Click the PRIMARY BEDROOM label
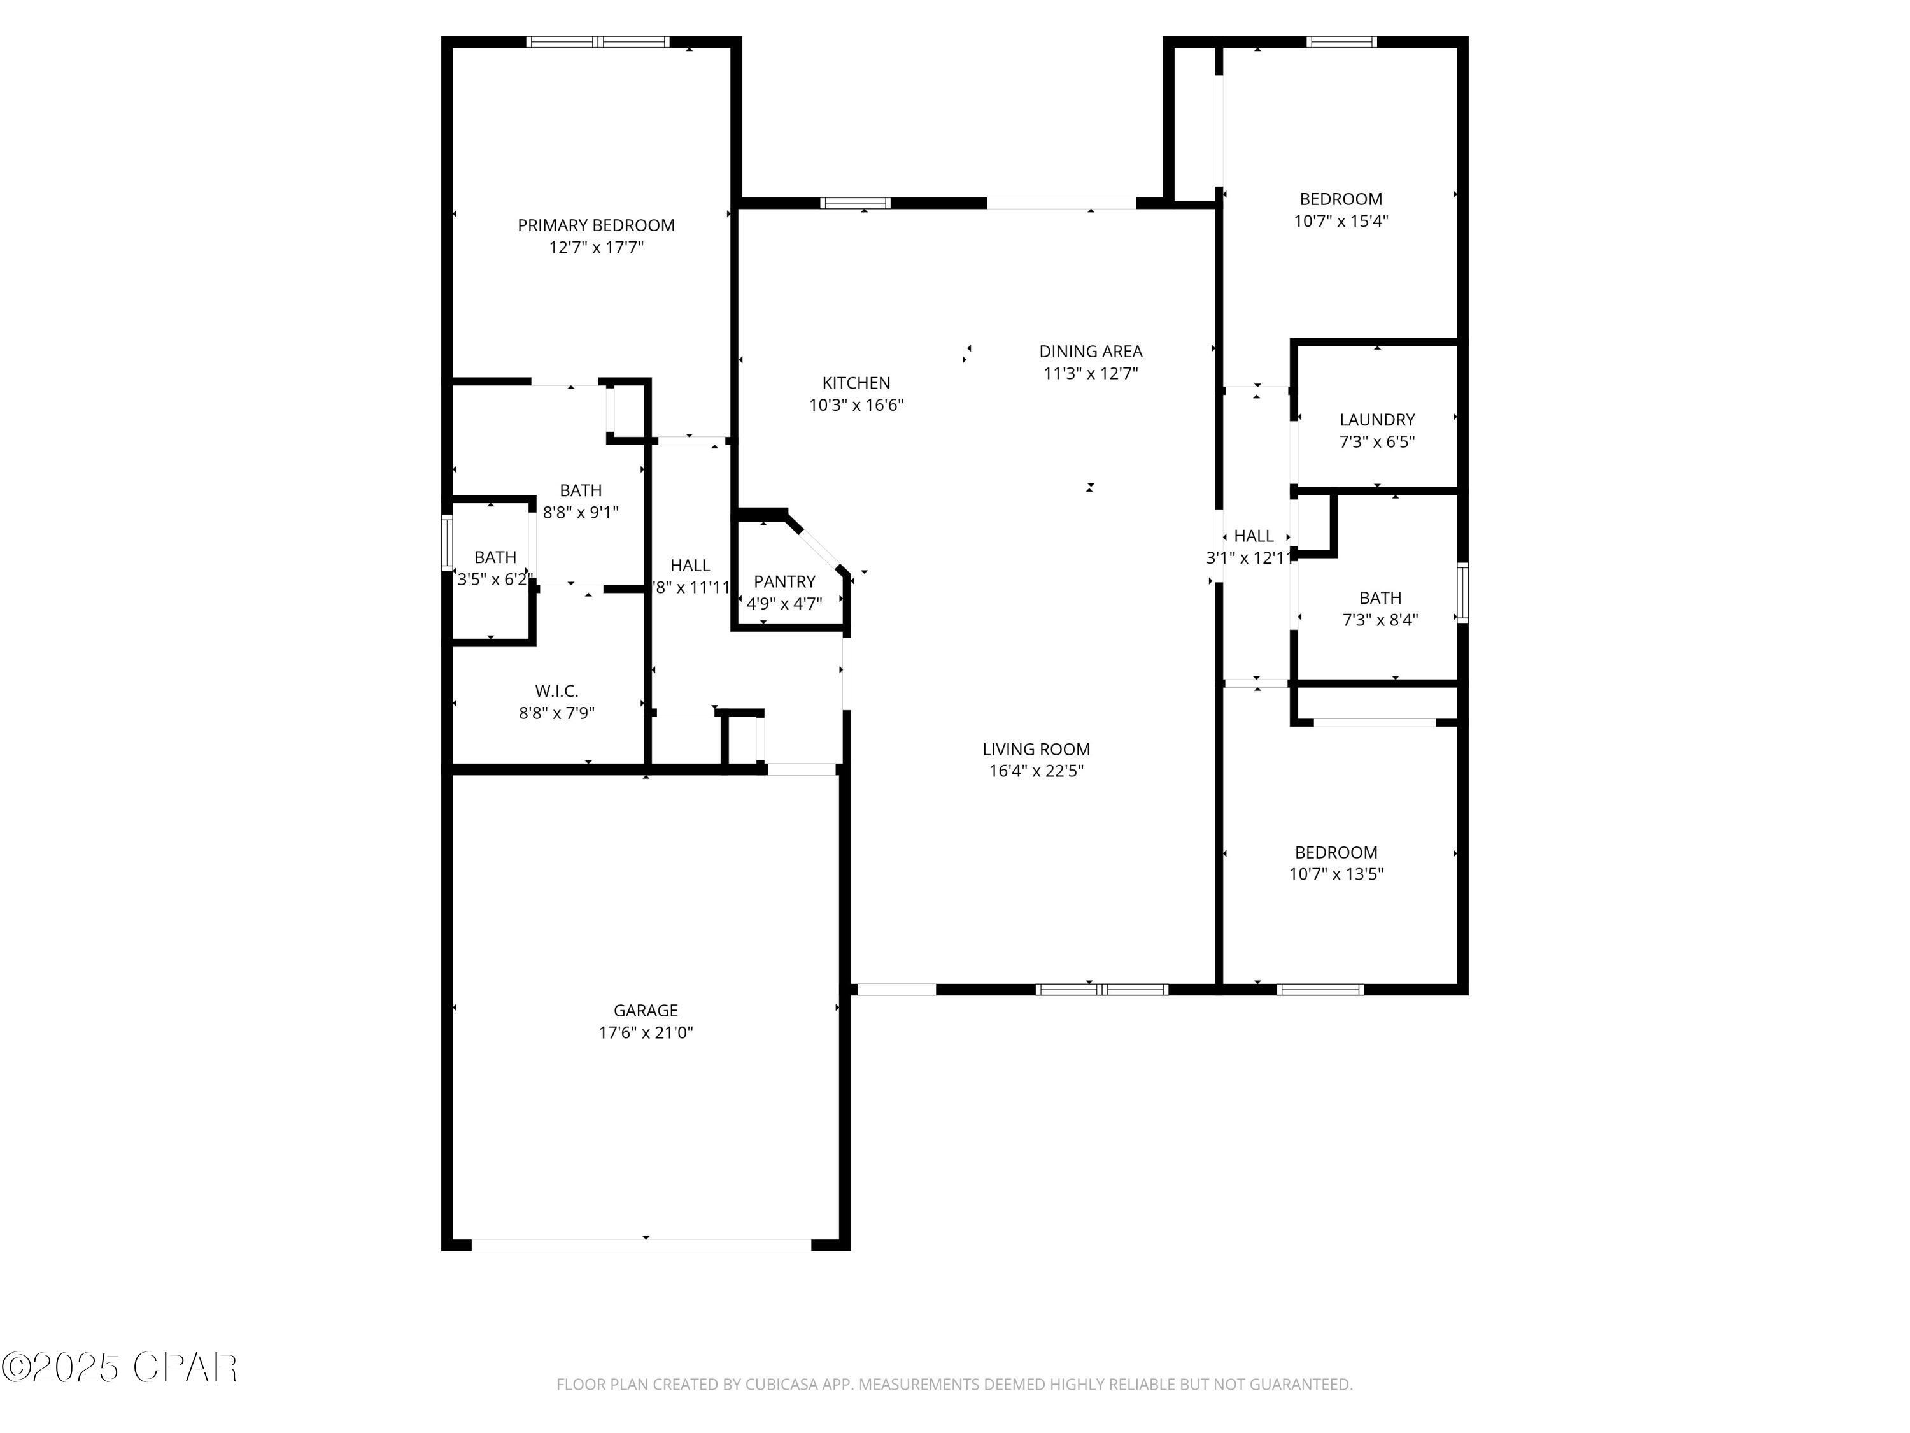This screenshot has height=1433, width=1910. pyautogui.click(x=596, y=225)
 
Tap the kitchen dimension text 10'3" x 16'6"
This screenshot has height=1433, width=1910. pyautogui.click(x=856, y=405)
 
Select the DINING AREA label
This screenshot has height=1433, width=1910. pyautogui.click(x=1091, y=352)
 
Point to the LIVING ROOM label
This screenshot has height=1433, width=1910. pyautogui.click(x=1035, y=749)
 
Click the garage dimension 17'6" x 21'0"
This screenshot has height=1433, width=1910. pyautogui.click(x=646, y=1032)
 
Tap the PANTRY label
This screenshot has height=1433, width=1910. pyautogui.click(x=784, y=581)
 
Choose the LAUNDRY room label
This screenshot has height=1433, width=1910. pyautogui.click(x=1376, y=420)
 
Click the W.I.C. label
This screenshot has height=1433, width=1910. pyautogui.click(x=556, y=691)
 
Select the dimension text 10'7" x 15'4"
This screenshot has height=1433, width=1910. pyautogui.click(x=1340, y=221)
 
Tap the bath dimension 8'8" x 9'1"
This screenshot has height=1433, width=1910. pyautogui.click(x=580, y=512)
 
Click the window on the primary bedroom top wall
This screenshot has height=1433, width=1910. pyautogui.click(x=598, y=41)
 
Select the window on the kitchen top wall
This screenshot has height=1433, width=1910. pyautogui.click(x=855, y=203)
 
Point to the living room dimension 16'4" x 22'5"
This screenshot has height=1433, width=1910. pyautogui.click(x=1035, y=771)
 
